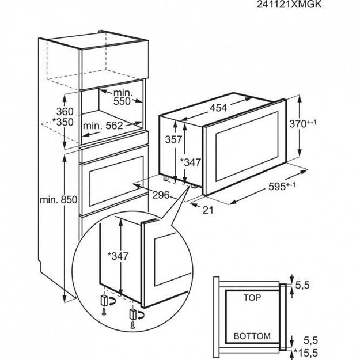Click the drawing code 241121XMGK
pyautogui.click(x=320, y=4)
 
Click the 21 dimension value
pyautogui.click(x=208, y=210)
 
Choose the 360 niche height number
pyautogui.click(x=49, y=111)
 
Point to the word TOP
pyautogui.click(x=251, y=299)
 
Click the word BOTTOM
pyautogui.click(x=252, y=336)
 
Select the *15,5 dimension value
pyautogui.click(x=306, y=351)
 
